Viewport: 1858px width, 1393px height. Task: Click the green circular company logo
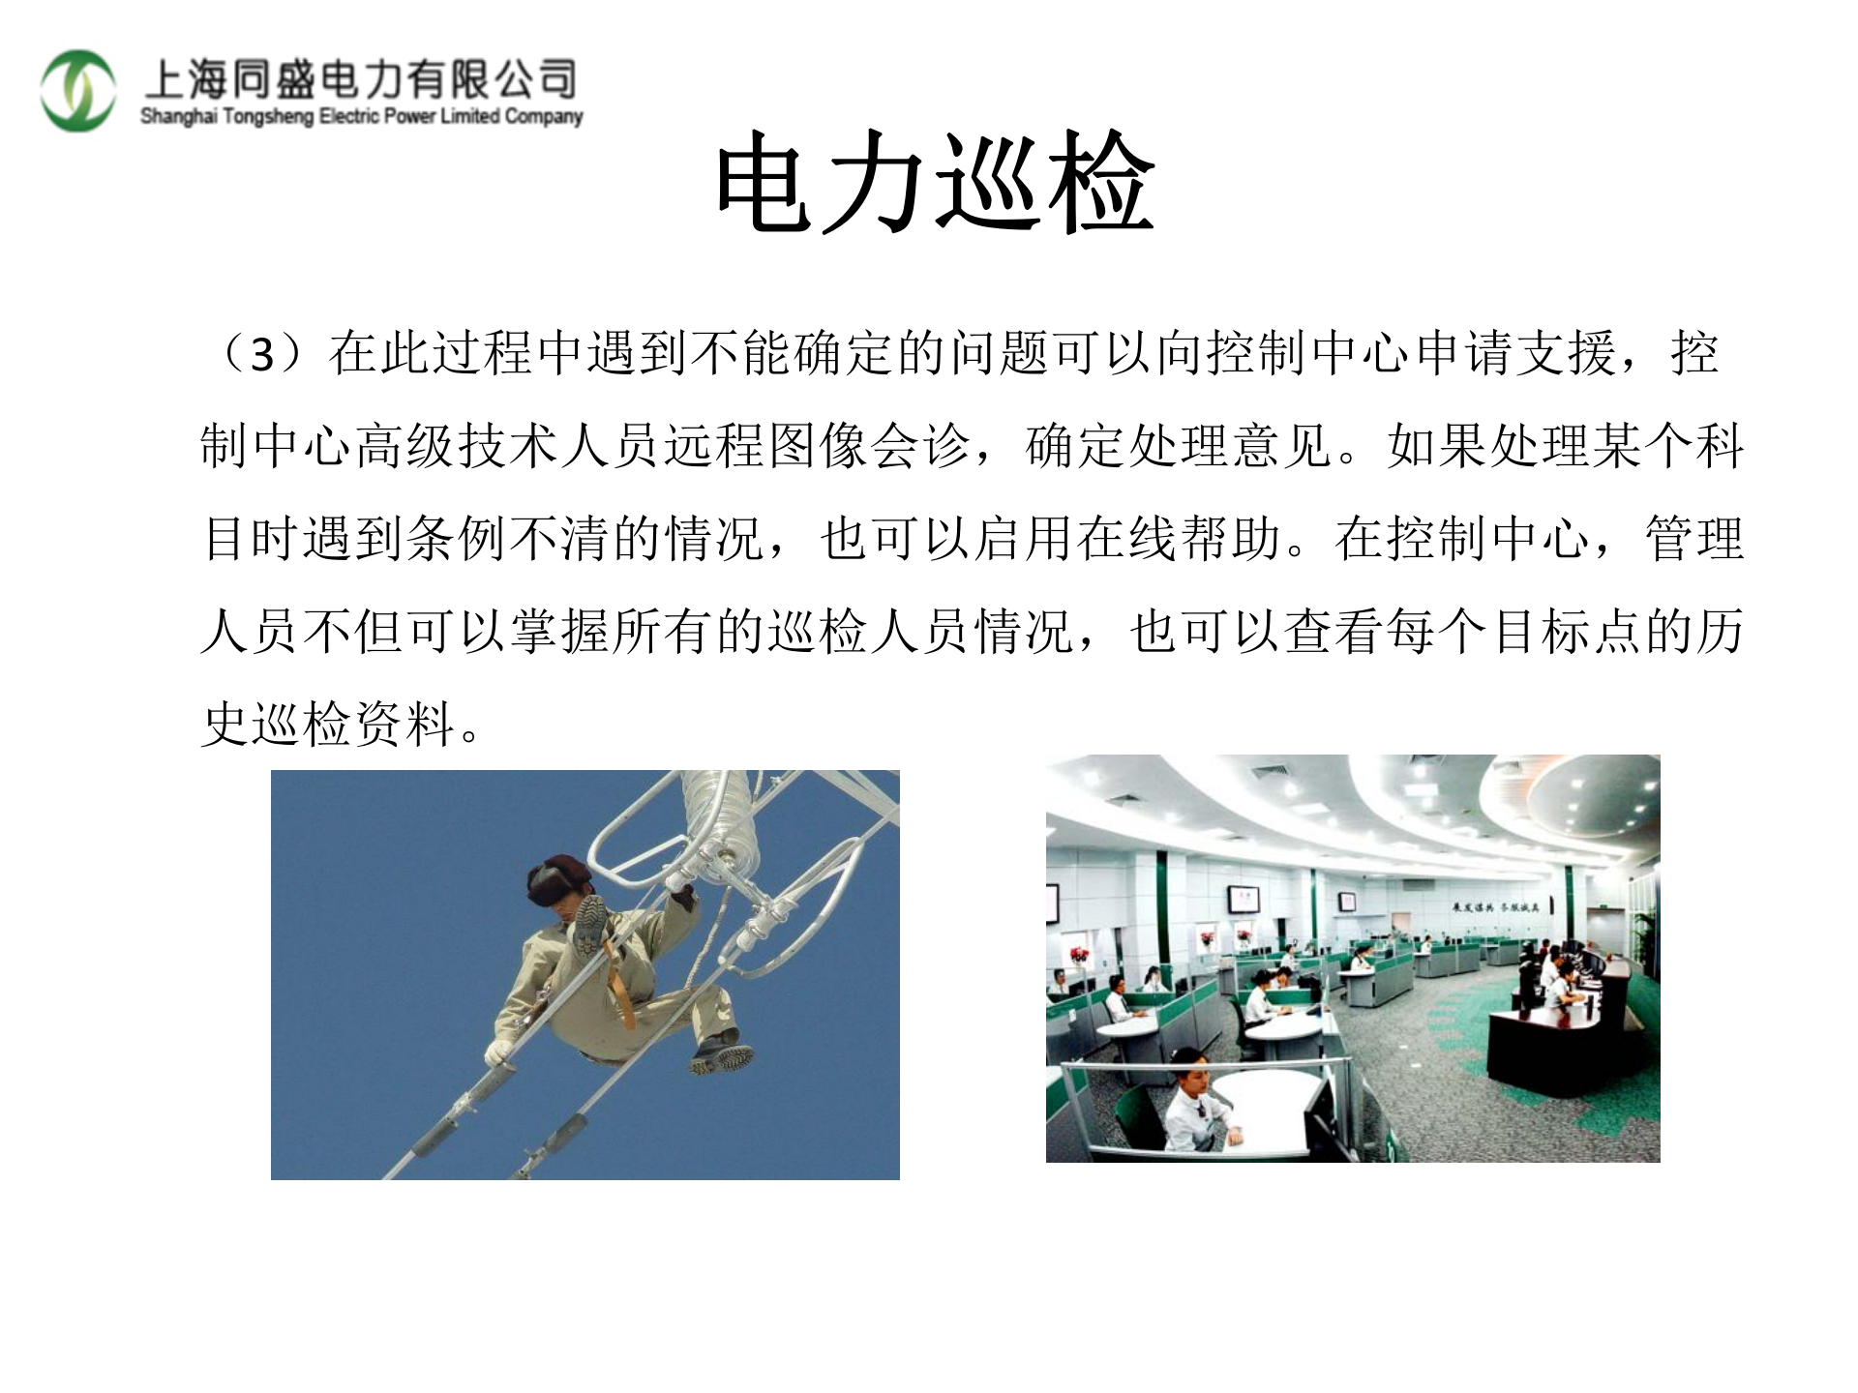click(x=77, y=91)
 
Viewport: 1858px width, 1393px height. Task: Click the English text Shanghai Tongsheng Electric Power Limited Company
click(x=361, y=117)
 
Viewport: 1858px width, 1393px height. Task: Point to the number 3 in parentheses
click(x=262, y=355)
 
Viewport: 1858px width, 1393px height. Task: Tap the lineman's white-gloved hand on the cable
click(x=501, y=1052)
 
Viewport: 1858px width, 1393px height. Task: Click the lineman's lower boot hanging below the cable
click(x=722, y=1055)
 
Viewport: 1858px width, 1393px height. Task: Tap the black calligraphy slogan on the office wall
click(x=1494, y=907)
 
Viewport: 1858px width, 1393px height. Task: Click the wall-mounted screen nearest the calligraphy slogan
click(x=1346, y=900)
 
